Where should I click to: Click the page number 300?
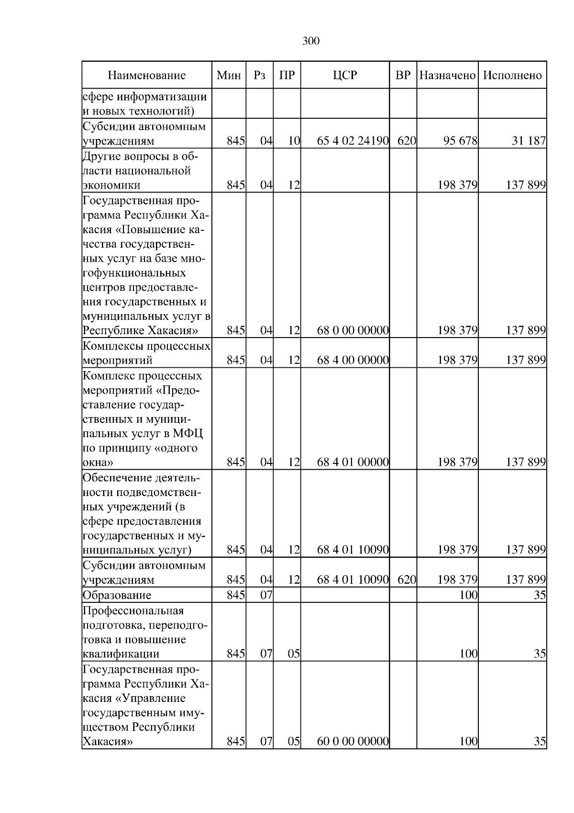pos(311,42)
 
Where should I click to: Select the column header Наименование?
pos(146,75)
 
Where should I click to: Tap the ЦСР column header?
pos(345,75)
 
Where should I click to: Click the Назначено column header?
pos(447,75)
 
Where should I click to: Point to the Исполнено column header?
pos(512,75)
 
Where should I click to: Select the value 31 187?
pos(529,141)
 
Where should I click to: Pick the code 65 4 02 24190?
pos(353,141)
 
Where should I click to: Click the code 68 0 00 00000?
pos(353,330)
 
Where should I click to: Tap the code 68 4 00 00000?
pos(353,360)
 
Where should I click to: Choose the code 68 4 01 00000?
pos(353,462)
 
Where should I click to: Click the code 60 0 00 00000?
pos(353,755)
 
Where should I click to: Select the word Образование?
pos(117,595)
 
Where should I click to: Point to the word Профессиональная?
pos(133,610)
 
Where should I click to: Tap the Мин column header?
pos(229,75)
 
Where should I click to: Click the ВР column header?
pos(403,75)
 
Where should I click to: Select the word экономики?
pos(111,185)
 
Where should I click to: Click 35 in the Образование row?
pos(540,595)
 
